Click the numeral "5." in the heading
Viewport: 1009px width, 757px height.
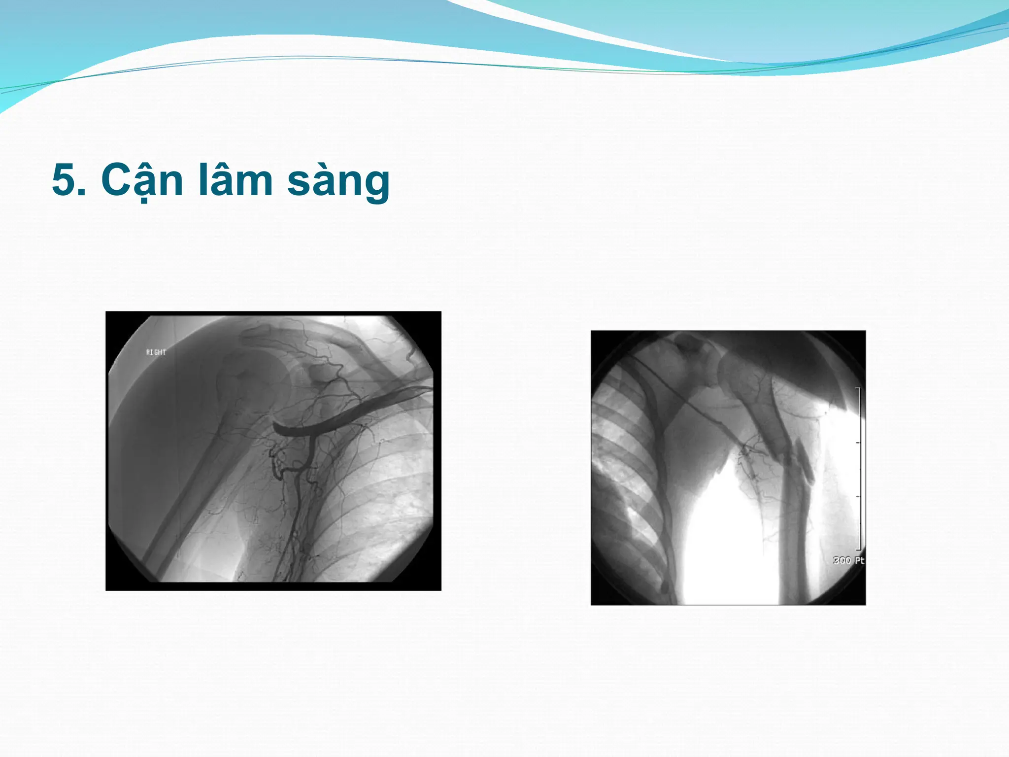(x=69, y=180)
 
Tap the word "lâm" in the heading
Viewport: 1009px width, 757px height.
(x=235, y=180)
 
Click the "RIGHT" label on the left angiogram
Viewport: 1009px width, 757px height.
(x=156, y=352)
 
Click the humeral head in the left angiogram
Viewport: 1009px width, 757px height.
(x=246, y=379)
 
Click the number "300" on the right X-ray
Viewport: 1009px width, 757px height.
(x=841, y=560)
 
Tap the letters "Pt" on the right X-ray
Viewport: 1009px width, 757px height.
(x=859, y=560)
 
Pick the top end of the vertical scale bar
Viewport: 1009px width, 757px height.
(x=859, y=389)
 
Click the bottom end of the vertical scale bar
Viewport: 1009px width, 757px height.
(x=859, y=549)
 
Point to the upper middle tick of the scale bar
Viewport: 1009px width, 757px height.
(x=859, y=443)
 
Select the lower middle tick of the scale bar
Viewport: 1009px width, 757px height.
(x=859, y=496)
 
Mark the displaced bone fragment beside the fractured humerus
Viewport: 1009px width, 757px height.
(x=805, y=463)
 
